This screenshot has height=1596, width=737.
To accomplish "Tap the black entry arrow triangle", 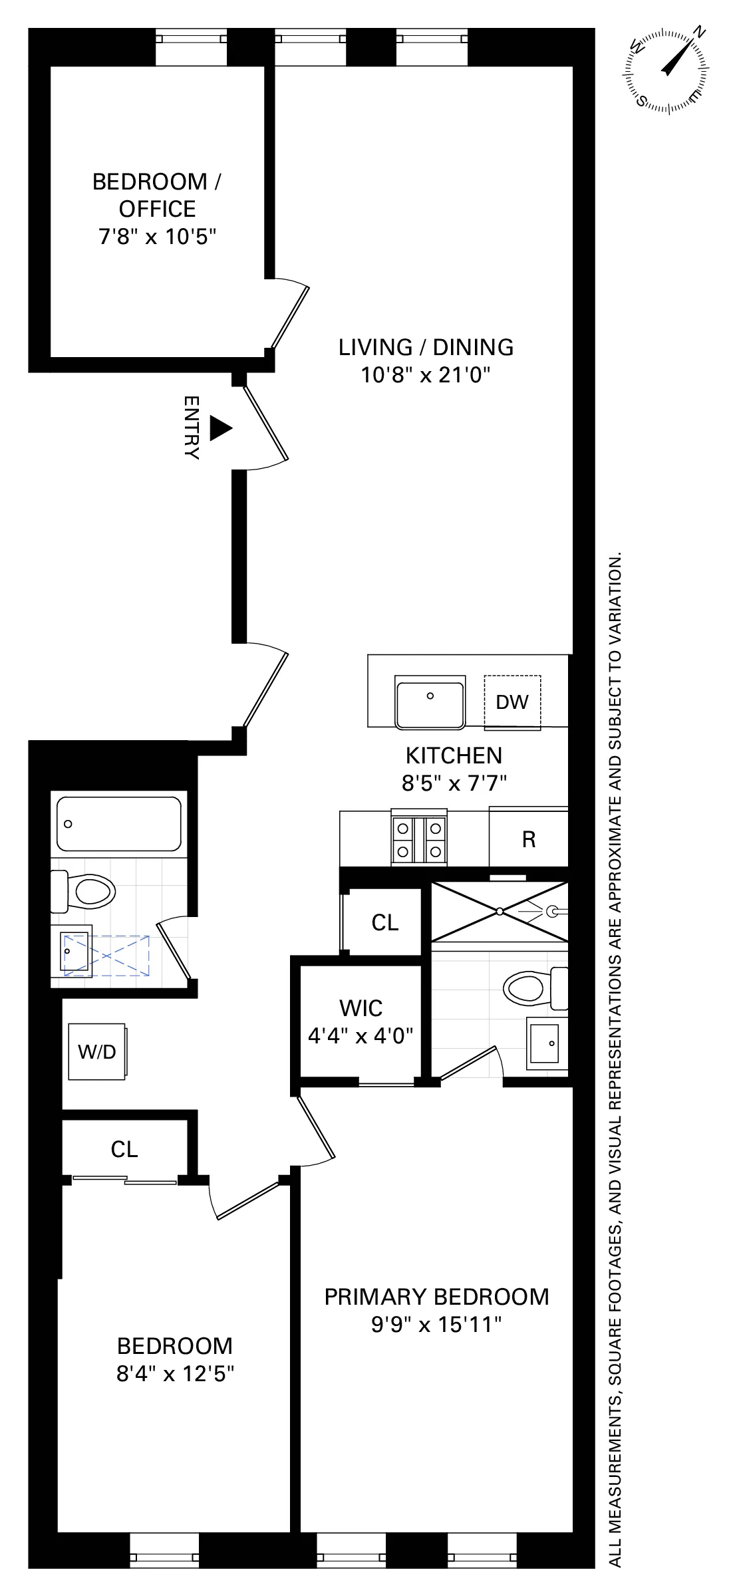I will click(x=220, y=428).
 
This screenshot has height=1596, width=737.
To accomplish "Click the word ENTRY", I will click(x=192, y=428).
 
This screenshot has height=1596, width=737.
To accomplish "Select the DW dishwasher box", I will click(x=512, y=702).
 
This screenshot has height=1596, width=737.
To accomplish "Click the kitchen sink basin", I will click(x=430, y=704).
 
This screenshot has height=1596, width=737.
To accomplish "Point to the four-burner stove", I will click(x=418, y=839).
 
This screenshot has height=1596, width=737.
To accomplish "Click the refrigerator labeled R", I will click(x=529, y=839).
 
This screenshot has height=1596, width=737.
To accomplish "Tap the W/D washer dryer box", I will click(x=97, y=1051).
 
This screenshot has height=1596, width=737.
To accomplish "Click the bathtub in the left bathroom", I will click(x=119, y=824).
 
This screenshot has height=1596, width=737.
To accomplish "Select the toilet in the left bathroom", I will click(x=84, y=891).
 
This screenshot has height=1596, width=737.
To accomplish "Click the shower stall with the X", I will click(x=500, y=911).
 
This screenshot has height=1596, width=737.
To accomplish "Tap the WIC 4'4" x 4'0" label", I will click(x=361, y=1021).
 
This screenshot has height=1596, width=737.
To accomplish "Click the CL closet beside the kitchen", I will click(x=384, y=922).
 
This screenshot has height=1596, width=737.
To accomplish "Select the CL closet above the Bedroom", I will click(x=124, y=1149).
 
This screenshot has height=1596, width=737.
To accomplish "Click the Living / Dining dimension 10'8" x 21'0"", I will click(x=426, y=375).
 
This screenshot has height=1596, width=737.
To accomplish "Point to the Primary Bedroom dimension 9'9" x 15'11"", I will click(x=436, y=1325).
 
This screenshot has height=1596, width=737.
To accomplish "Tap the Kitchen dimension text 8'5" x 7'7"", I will click(x=454, y=783).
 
